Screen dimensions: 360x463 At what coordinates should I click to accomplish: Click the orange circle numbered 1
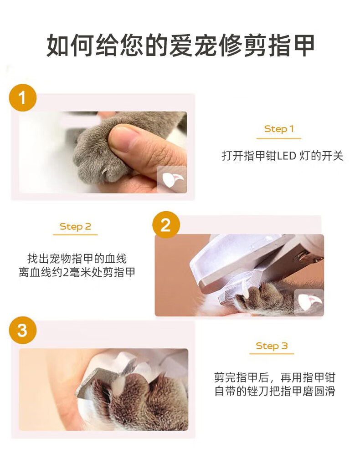[x=22, y=97]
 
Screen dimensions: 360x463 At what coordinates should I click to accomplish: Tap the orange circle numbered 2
[x=166, y=225]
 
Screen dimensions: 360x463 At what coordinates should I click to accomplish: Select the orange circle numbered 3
[x=22, y=330]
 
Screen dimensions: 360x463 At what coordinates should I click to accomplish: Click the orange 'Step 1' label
[x=279, y=129]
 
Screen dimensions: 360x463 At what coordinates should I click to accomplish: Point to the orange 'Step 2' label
[x=75, y=226]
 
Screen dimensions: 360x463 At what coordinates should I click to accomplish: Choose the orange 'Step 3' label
[x=272, y=346]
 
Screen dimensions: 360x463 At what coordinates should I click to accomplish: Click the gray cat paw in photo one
[x=98, y=151]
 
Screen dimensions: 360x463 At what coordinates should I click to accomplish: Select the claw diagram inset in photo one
[x=171, y=179]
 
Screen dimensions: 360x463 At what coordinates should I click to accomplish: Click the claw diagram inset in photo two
[x=309, y=302]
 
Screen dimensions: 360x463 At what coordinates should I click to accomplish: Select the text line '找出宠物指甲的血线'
[x=77, y=259]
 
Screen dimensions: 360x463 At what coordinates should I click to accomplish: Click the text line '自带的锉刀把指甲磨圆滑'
[x=275, y=391]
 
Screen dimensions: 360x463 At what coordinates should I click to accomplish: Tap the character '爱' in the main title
[x=181, y=45]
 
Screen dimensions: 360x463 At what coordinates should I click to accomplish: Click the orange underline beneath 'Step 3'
[x=272, y=353]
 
